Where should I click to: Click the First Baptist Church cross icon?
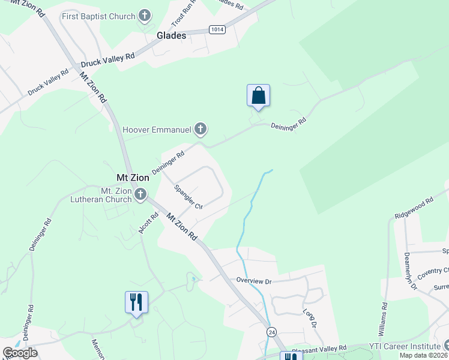pos(144,16)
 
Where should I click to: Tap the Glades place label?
pos(172,35)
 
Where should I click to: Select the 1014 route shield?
pos(217,29)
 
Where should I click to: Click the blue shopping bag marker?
pos(258,96)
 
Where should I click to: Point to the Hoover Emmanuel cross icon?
pos(200,129)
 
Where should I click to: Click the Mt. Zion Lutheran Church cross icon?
pos(140,194)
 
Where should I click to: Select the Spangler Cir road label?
pos(188,197)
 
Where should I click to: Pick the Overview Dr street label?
pos(254,280)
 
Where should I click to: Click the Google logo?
pos(20,353)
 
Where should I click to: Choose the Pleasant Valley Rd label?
pos(319,348)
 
